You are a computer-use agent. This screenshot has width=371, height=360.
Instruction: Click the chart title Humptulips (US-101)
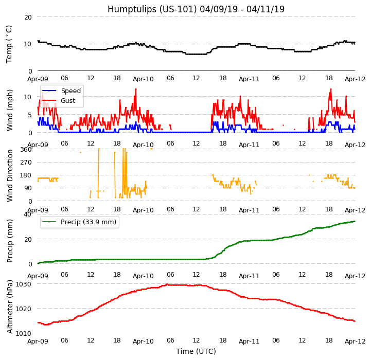pos(196,9)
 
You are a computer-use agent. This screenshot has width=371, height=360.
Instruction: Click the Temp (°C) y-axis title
pos(9,44)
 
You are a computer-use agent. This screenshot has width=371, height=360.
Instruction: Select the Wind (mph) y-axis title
pos(10,110)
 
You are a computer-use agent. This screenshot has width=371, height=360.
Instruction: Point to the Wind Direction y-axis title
pos(10,175)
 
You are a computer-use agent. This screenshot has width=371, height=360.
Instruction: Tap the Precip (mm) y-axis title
pos(10,239)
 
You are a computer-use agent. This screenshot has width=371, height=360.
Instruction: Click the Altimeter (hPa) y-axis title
pos(10,308)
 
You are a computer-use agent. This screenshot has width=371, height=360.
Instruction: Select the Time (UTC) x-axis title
pos(196,351)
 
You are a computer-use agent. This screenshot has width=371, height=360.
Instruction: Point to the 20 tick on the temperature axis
pos(28,17)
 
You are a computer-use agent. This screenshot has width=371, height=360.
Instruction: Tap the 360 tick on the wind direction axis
pos(26,150)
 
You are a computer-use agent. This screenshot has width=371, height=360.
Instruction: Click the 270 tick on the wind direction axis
pos(26,163)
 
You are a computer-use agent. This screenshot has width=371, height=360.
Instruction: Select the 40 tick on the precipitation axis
pos(28,214)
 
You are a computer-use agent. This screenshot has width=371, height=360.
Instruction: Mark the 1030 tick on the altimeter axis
pos(24,284)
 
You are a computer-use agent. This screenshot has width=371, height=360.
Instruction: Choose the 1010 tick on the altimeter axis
pos(24,333)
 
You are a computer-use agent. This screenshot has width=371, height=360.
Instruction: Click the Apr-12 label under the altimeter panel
pos(355,341)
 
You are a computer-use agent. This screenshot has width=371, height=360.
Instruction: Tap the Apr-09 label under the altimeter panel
pos(38,341)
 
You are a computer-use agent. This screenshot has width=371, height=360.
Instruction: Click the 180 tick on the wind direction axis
pos(26,175)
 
